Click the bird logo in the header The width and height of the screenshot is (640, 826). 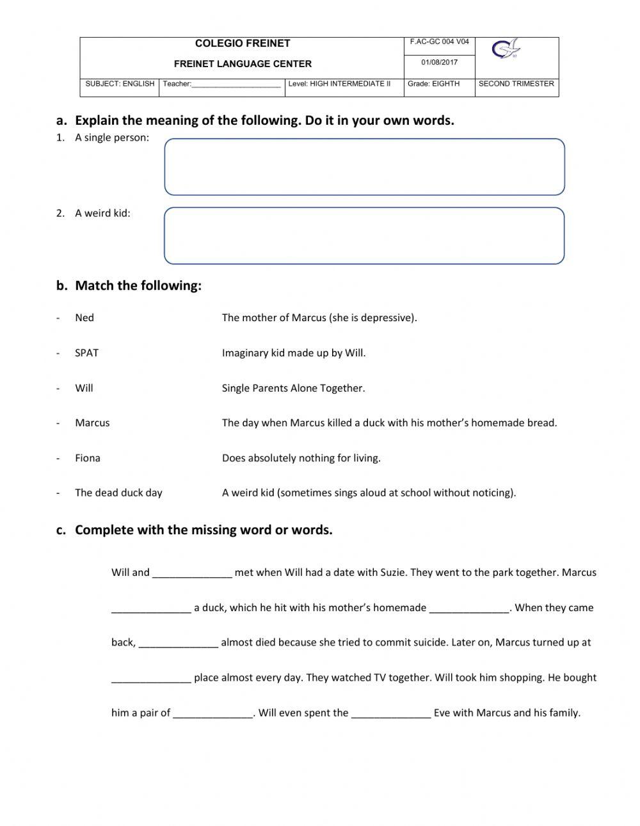(506, 49)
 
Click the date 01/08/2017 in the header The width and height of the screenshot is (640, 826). (439, 63)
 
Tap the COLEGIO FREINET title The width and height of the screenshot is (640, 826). (243, 44)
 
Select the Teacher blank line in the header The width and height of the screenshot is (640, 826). (236, 84)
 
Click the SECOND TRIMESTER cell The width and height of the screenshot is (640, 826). (516, 84)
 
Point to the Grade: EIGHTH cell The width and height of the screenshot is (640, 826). (433, 84)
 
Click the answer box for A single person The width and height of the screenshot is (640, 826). (364, 167)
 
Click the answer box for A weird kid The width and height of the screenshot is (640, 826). (364, 235)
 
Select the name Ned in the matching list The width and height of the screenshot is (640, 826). (84, 318)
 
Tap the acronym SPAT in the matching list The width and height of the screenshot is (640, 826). (86, 353)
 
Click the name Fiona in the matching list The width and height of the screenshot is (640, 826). (88, 458)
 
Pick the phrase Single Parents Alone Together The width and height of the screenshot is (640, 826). (293, 388)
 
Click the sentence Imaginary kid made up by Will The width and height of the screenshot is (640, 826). (294, 353)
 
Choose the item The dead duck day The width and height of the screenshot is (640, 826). (118, 493)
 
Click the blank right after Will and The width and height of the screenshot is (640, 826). (192, 573)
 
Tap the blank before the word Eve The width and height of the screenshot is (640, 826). (391, 713)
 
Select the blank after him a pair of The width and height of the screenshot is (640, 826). (212, 713)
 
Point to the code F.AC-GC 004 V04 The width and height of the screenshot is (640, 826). (439, 42)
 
